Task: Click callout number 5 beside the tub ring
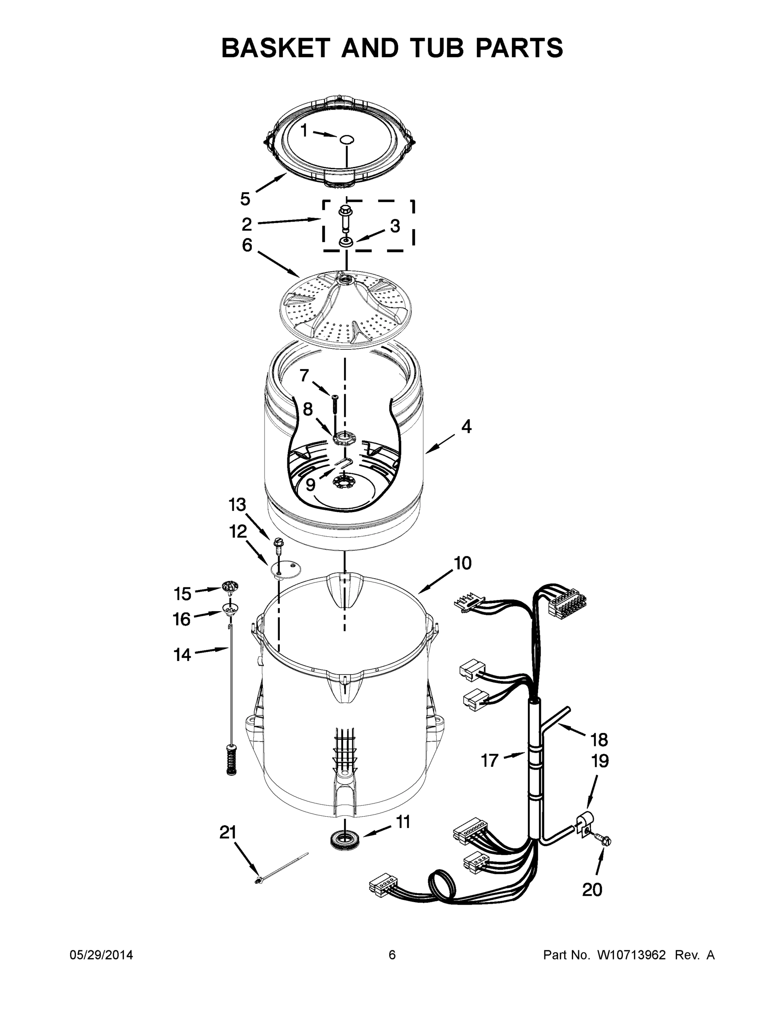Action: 245,199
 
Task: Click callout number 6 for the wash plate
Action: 247,245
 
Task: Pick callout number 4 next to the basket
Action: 466,427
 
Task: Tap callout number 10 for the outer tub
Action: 463,563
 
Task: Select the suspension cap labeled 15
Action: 230,587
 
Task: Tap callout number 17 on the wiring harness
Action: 489,761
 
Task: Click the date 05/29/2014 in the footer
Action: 101,955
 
